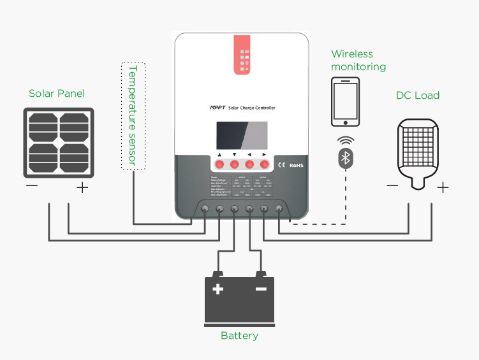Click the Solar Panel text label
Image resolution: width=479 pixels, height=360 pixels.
pos(57,94)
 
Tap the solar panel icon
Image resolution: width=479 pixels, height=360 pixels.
pos(56,142)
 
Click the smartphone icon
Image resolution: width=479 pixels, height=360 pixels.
pos(346,102)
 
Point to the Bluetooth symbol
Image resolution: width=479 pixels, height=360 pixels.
pos(346,159)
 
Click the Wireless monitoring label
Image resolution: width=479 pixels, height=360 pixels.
pos(358,61)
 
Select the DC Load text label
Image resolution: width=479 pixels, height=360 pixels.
pos(418,96)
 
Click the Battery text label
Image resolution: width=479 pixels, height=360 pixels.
pos(239,335)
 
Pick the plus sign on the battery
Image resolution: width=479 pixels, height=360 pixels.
pos(218,289)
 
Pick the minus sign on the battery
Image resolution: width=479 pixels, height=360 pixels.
pos(261,289)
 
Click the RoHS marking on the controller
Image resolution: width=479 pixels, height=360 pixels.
pos(296,165)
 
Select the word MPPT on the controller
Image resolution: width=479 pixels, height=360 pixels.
pos(217,108)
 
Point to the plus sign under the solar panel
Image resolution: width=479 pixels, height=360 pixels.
pos(82,188)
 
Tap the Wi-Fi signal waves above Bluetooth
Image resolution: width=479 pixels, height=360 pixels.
pos(345,140)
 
